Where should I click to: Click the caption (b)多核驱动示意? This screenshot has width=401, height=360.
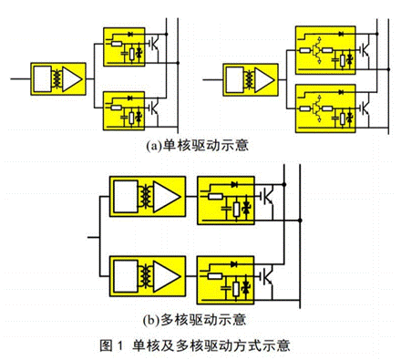199,320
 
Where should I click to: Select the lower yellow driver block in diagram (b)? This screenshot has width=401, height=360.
147,276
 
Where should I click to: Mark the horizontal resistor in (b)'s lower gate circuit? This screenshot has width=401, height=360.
214,271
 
